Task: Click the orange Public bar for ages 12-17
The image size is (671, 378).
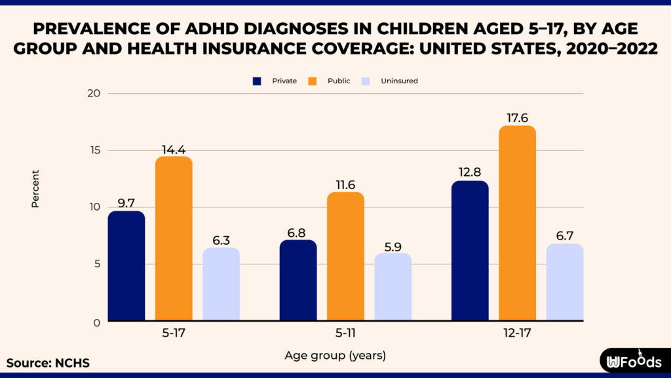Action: point(517,223)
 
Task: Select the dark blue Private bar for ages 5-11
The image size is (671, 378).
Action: point(298,281)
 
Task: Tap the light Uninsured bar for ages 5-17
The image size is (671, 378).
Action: point(221,284)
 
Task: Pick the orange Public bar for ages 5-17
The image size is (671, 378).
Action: point(174,239)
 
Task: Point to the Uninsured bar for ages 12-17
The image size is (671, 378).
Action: point(564,282)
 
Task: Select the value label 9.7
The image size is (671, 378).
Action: point(126,202)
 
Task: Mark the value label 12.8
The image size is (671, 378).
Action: point(469,172)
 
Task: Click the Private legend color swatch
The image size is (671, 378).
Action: point(258,81)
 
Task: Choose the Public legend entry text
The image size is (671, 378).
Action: point(339,81)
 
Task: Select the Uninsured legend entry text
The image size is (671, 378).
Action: point(399,81)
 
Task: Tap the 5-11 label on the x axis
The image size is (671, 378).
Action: point(345,333)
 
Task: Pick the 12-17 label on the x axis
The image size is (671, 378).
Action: point(517,333)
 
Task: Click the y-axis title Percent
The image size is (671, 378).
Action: point(35,189)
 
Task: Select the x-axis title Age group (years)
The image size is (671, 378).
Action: point(335,356)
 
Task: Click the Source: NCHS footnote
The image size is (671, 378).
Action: point(48,363)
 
